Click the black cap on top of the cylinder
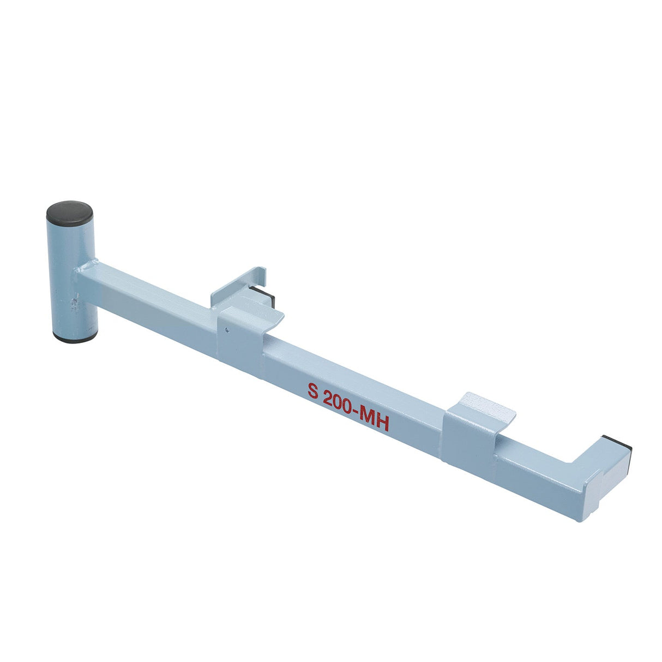69,211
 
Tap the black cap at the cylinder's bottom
75,338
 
